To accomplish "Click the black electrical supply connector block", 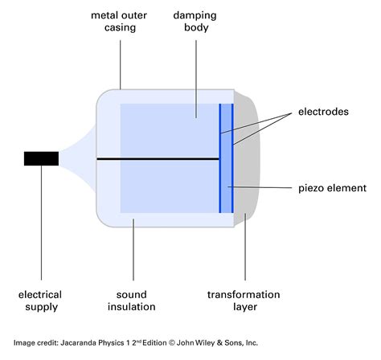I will tap(40, 158).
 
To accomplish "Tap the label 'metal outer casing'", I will tap(120, 22).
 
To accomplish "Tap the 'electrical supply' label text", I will tap(41, 301).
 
